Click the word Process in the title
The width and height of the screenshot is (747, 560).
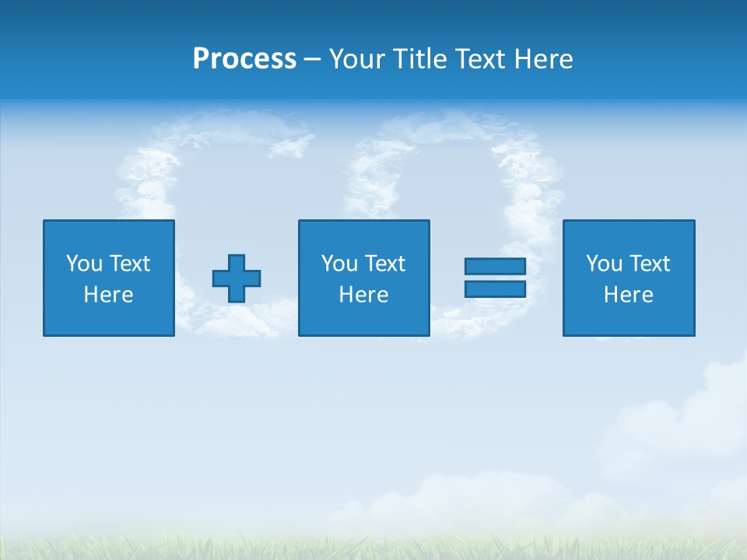point(244,59)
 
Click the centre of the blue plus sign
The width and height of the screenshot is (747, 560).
point(237,278)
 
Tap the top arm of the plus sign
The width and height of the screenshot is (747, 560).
point(237,261)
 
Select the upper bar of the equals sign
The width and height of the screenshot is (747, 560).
point(495,267)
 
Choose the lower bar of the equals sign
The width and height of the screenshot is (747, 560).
point(495,289)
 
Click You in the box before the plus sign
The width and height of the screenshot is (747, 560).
point(83,264)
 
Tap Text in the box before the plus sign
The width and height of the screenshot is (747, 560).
point(128,264)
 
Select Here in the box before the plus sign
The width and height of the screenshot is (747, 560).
point(108,295)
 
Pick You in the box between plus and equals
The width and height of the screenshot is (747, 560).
point(339,264)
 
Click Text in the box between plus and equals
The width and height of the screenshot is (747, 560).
point(384,264)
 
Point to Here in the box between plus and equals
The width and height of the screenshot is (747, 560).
point(363,295)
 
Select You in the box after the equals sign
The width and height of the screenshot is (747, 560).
point(604,264)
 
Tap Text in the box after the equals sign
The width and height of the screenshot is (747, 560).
point(649,264)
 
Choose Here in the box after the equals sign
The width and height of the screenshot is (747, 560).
point(628,295)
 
